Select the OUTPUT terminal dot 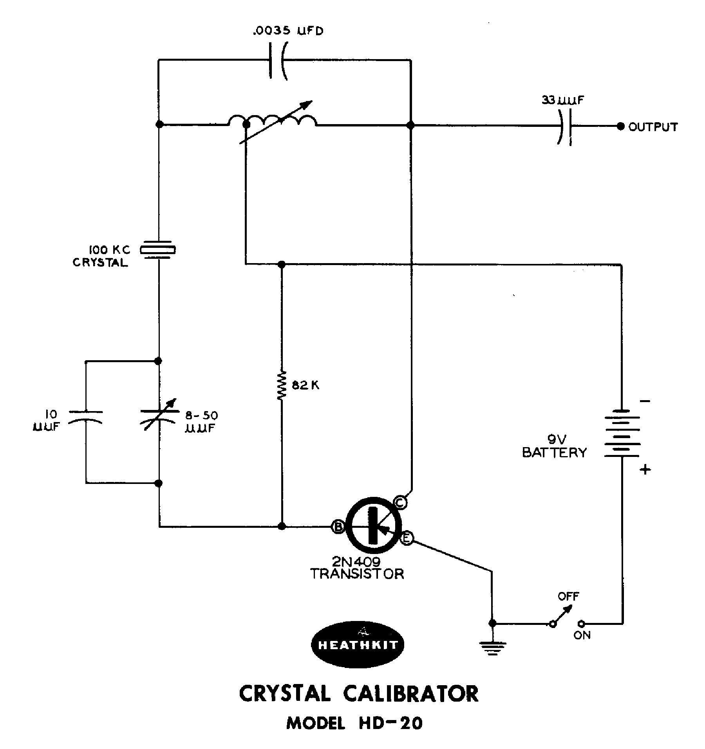tap(620, 126)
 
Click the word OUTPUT tap(653, 127)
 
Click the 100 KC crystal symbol tap(158, 249)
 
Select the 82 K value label tap(306, 386)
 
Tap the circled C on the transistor tap(400, 503)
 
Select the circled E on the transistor tap(407, 539)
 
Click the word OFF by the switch tap(568, 597)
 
